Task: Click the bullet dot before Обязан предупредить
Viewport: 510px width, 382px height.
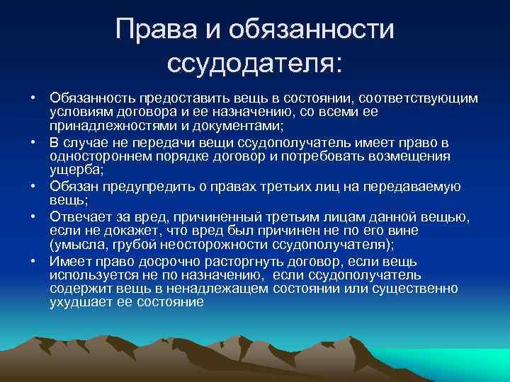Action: click(33, 187)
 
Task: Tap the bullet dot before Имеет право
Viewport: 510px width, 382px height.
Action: click(33, 261)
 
